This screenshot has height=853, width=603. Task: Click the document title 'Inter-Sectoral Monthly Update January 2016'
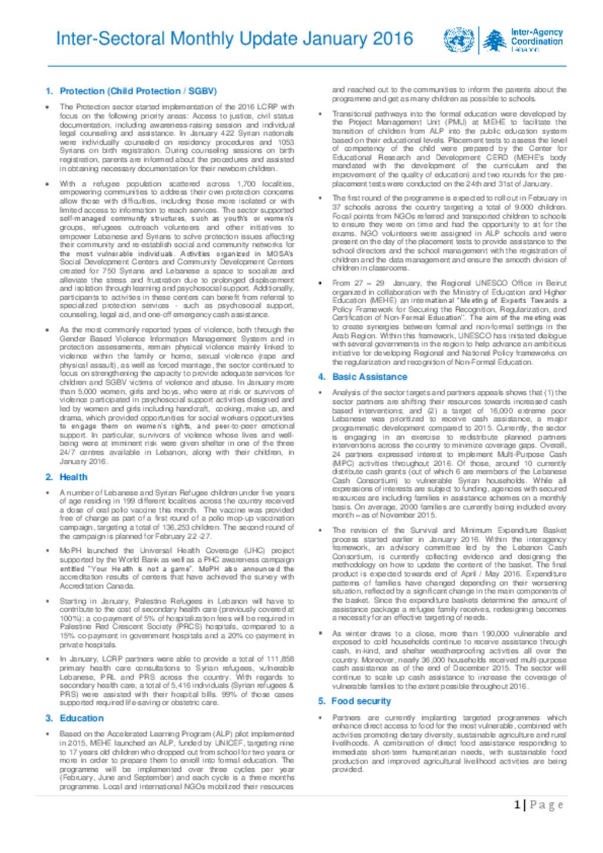[234, 39]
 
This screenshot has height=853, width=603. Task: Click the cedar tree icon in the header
[495, 40]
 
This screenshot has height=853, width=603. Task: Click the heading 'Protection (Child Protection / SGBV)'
[138, 91]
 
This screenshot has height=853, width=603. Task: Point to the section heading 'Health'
[74, 477]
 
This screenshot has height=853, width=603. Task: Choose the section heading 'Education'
[82, 718]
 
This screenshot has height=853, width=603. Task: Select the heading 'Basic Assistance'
[370, 377]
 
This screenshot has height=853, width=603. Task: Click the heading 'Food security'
[361, 701]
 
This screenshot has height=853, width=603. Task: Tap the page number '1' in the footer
[517, 805]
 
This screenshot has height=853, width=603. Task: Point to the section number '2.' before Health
[49, 477]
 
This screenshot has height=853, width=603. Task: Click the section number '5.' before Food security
[322, 701]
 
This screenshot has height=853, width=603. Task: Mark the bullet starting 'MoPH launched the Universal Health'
[48, 551]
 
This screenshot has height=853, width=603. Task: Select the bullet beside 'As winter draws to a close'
[320, 634]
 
